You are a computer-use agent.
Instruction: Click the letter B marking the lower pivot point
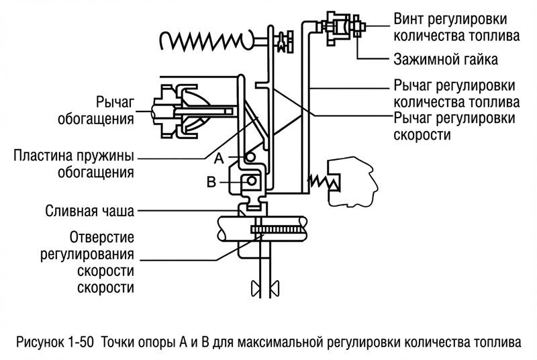click(212, 182)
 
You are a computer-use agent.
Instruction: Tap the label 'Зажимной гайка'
click(445, 60)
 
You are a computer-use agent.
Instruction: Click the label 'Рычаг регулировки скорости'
click(454, 126)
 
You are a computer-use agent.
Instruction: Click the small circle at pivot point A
click(250, 156)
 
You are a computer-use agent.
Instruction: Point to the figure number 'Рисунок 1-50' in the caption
click(55, 341)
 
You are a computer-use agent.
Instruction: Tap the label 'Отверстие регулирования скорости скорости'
click(101, 263)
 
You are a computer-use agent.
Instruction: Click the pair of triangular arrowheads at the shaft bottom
click(264, 288)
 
